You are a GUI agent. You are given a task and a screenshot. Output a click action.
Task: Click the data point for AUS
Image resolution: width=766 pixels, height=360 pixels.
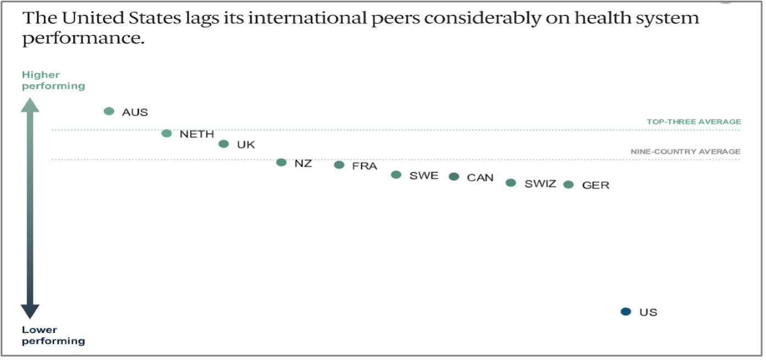point(109,111)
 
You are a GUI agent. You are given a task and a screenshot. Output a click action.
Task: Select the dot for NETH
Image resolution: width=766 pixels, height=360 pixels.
point(167,134)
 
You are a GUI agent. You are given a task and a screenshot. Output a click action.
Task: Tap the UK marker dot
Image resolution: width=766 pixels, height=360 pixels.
point(224,144)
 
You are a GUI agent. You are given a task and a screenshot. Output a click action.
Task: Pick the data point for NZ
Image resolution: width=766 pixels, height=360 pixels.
point(281,162)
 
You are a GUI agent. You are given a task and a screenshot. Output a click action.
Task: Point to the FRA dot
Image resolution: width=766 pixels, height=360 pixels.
point(339,165)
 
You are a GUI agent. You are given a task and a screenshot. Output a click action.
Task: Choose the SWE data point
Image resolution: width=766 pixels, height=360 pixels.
point(396,175)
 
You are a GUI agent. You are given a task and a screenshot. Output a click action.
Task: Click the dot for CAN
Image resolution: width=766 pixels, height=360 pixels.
point(454,176)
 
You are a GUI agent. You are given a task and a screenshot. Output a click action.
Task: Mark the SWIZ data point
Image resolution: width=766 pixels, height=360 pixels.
point(511,183)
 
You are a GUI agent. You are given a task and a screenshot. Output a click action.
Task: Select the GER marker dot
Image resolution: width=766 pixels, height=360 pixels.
point(569,185)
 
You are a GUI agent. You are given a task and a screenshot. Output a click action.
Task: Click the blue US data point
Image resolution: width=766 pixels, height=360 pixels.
point(626,312)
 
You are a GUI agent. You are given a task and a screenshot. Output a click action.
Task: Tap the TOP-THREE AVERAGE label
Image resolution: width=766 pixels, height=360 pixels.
point(693,121)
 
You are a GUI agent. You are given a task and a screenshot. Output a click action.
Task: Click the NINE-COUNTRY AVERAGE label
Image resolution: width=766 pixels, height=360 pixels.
point(685,152)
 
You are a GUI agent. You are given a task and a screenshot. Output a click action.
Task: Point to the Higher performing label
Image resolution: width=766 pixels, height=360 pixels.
point(53,80)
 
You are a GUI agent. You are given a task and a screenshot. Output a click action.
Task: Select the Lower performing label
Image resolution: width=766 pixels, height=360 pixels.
point(53,335)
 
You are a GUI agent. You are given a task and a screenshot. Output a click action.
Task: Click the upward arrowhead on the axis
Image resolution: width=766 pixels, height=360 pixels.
point(30,105)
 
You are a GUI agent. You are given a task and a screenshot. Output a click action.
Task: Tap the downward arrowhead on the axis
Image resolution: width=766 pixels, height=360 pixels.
point(30,312)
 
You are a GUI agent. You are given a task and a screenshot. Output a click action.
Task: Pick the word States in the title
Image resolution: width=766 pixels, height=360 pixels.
point(155,18)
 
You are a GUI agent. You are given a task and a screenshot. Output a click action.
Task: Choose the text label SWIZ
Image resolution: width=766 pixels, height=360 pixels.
point(541,184)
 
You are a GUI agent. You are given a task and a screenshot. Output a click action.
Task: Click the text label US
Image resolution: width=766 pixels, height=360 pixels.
point(648,312)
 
